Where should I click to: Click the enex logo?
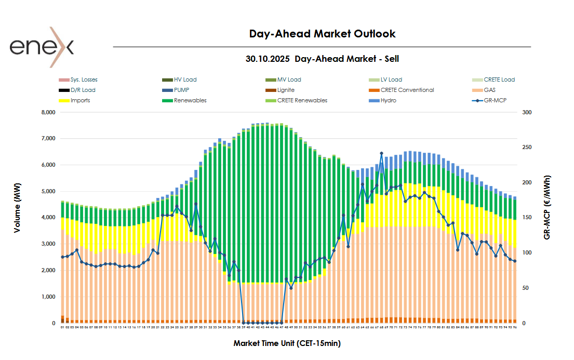[x=42, y=47]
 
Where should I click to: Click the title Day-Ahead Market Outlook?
[x=322, y=34]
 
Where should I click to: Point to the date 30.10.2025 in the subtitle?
[x=268, y=59]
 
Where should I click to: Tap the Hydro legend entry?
[x=388, y=101]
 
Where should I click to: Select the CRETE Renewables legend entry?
[x=302, y=101]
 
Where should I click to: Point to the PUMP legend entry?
[x=182, y=90]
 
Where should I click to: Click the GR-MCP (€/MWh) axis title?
[x=547, y=208]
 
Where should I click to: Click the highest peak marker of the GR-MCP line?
[x=381, y=153]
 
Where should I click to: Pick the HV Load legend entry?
[x=185, y=80]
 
